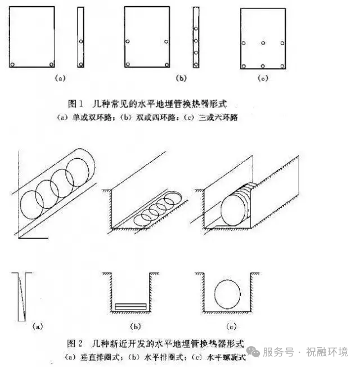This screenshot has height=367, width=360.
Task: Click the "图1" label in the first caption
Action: tap(75, 104)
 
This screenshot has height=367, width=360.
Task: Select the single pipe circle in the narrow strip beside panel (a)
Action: tap(81, 42)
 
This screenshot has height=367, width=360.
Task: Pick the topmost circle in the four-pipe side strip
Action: tap(196, 28)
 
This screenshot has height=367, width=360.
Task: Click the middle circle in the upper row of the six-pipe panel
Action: tap(263, 43)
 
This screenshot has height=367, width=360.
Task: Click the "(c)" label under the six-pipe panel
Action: tap(262, 79)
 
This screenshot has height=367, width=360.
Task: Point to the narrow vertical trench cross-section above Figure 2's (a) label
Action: tap(24, 296)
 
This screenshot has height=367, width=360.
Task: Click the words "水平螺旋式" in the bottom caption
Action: tap(224, 356)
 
